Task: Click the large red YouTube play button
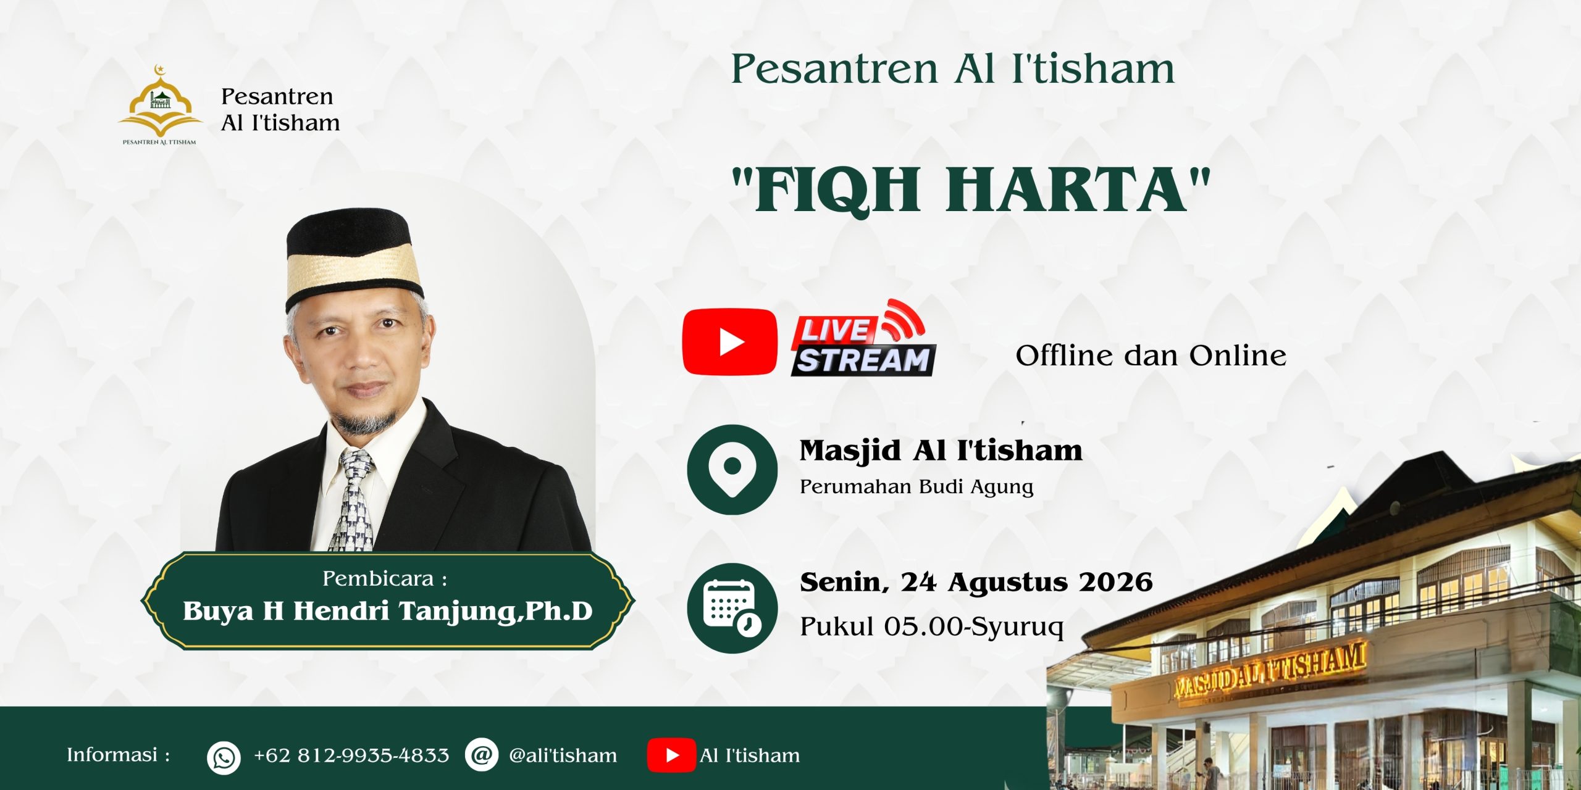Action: tap(730, 342)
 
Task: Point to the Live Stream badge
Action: tap(863, 338)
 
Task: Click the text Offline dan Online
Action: tap(1151, 355)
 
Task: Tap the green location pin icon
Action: tap(732, 470)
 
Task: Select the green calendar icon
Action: tap(732, 609)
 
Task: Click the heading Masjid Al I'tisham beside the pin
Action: tap(941, 451)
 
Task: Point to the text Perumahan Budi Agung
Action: tap(916, 487)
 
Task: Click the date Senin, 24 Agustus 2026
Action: tap(976, 582)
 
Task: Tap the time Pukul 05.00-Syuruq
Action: tap(932, 626)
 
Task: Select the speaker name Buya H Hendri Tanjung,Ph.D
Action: tap(387, 611)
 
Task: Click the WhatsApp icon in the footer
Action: tap(224, 757)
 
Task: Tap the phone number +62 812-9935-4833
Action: tap(351, 755)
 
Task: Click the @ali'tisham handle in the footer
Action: tap(563, 755)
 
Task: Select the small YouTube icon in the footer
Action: tap(671, 755)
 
